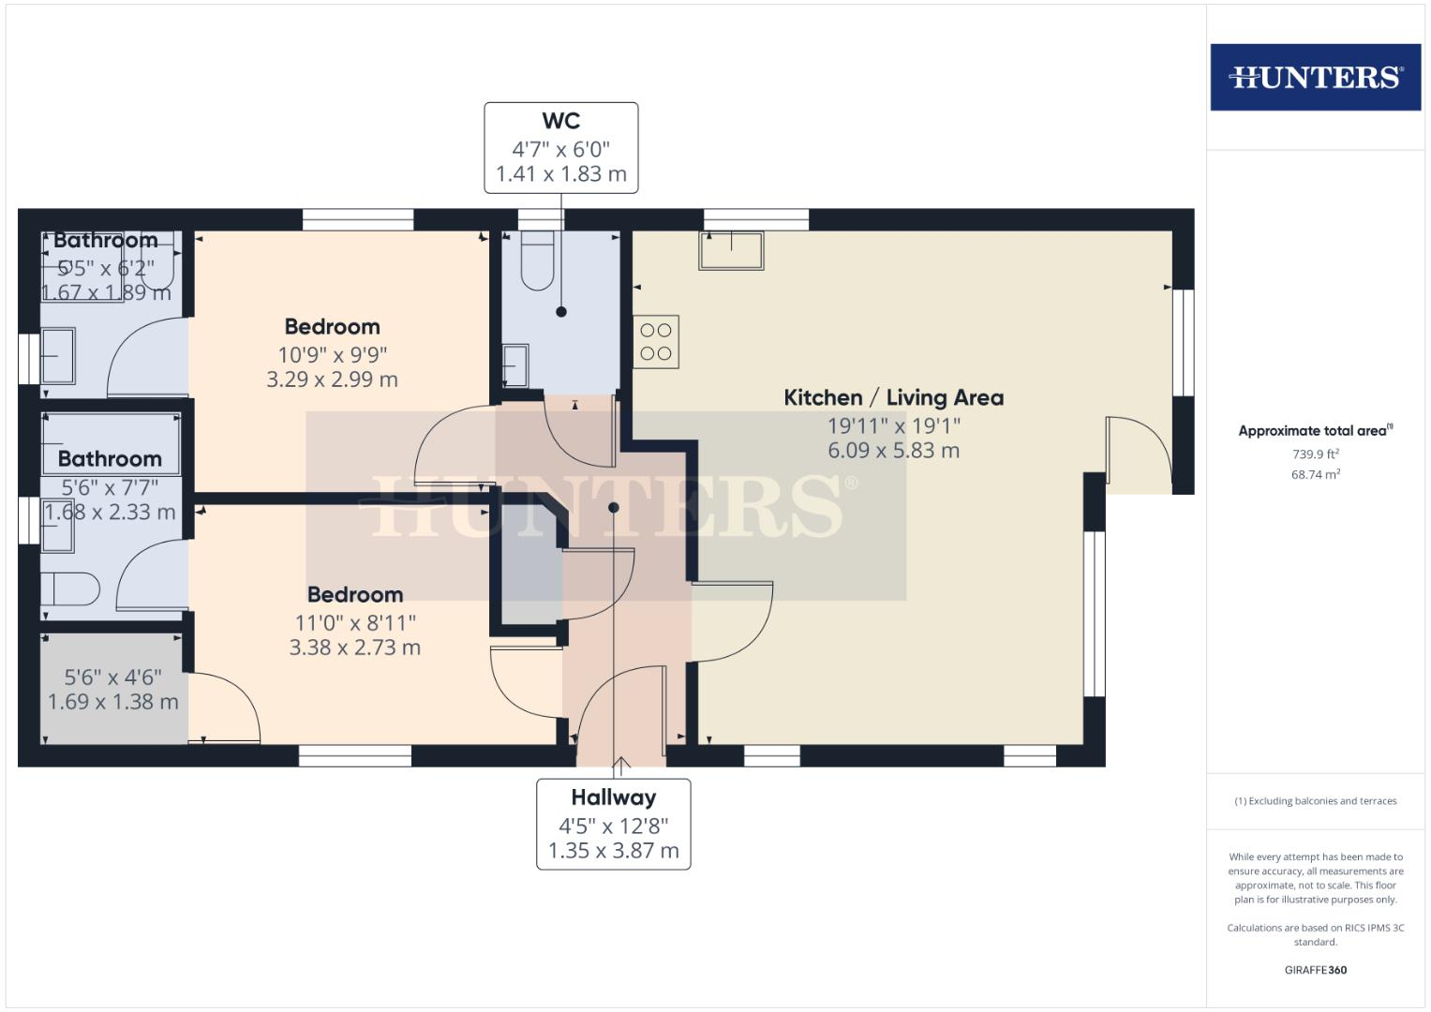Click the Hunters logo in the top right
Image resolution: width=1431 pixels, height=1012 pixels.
point(1315,77)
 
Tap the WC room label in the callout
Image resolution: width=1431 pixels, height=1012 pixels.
point(560,121)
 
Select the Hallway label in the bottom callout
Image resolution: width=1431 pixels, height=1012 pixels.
point(613,797)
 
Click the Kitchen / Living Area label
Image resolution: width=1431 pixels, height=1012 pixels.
point(893,397)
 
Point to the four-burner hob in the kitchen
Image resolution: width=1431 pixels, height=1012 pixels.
point(656,342)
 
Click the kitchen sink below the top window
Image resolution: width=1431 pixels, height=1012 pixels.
point(731,250)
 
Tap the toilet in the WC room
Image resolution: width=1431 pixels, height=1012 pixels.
point(538,261)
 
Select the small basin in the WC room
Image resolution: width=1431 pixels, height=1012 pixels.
point(514,365)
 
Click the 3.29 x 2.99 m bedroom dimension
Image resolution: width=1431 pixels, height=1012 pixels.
point(332,379)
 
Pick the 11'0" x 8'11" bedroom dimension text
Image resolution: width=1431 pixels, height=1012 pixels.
point(354,622)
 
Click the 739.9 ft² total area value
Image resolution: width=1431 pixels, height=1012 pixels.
point(1315,454)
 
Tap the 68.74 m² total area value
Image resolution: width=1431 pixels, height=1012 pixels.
point(1315,475)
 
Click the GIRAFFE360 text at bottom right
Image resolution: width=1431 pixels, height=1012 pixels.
point(1315,970)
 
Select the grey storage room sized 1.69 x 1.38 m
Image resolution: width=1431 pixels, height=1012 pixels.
point(112,690)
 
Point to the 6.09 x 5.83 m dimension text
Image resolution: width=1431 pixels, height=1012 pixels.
point(893,451)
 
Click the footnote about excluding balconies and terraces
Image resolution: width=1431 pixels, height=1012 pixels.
point(1315,801)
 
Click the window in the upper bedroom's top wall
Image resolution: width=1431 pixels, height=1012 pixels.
point(357,219)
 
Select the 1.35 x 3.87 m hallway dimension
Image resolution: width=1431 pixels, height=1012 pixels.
point(613,852)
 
